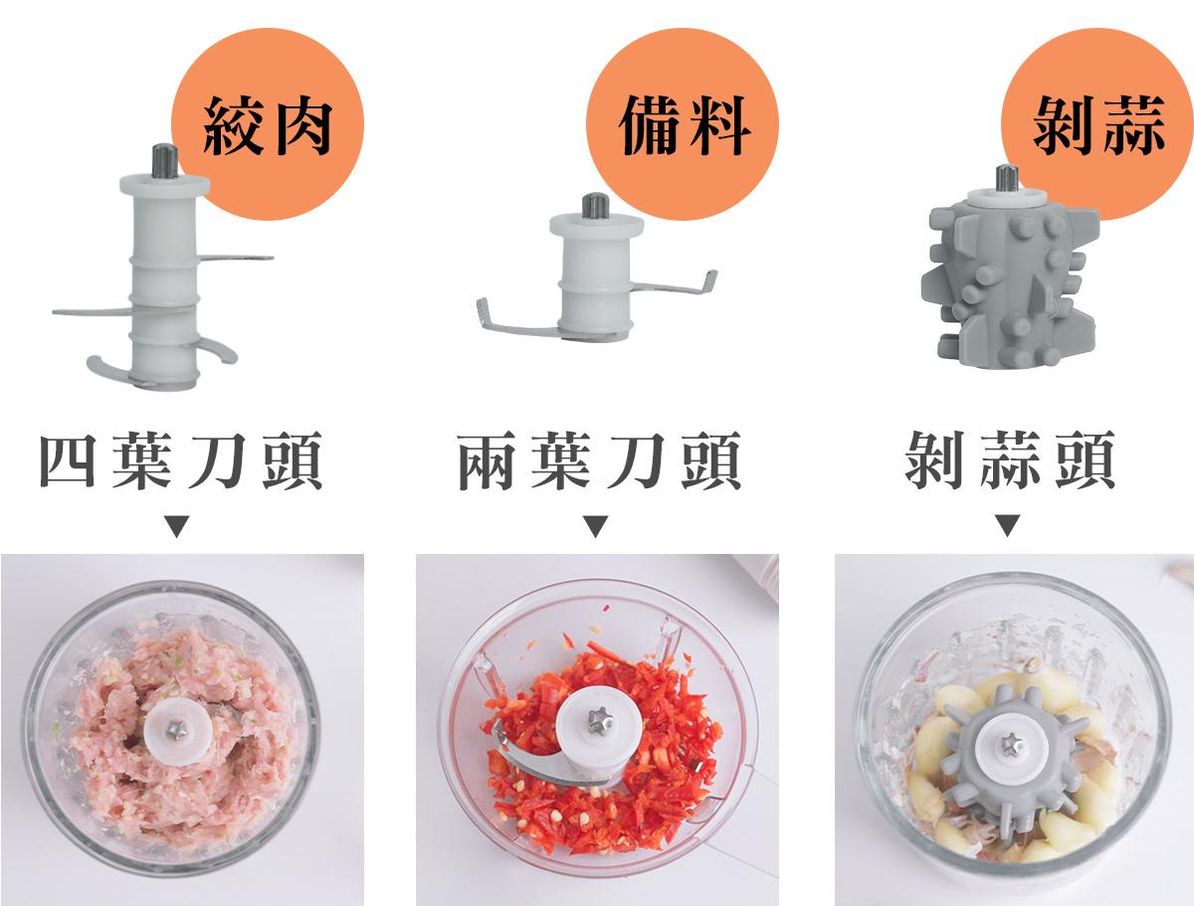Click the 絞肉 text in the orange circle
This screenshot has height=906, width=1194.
pyautogui.click(x=267, y=126)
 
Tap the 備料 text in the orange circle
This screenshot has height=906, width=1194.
pyautogui.click(x=685, y=125)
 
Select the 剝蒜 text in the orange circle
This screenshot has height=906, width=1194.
pyautogui.click(x=1098, y=125)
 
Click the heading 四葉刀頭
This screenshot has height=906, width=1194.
pyautogui.click(x=181, y=460)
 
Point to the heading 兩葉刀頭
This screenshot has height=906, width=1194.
pyautogui.click(x=599, y=460)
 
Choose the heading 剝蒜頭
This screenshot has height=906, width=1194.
pyautogui.click(x=1010, y=459)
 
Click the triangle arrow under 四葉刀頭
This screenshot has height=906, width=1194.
pyautogui.click(x=177, y=526)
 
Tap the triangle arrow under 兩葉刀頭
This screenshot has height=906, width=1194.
pyautogui.click(x=596, y=526)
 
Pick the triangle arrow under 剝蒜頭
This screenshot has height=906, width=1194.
pyautogui.click(x=1007, y=525)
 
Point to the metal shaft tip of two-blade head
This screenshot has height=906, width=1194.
pyautogui.click(x=596, y=206)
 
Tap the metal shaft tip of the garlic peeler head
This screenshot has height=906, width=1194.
pyautogui.click(x=1007, y=177)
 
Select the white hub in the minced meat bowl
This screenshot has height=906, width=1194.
pyautogui.click(x=178, y=730)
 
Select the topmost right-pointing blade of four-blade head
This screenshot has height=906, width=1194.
pyautogui.click(x=235, y=258)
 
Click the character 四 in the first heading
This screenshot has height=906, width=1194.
pyautogui.click(x=68, y=460)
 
